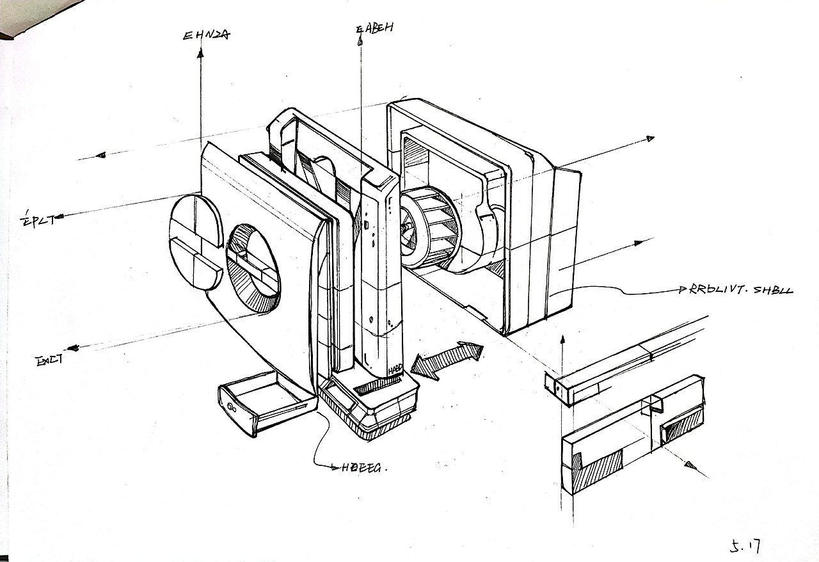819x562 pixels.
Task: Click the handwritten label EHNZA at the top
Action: [x=205, y=35]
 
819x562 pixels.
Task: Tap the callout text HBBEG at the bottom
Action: [x=361, y=467]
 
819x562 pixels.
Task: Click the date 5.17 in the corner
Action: [x=745, y=545]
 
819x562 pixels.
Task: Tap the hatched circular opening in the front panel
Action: [x=253, y=268]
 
